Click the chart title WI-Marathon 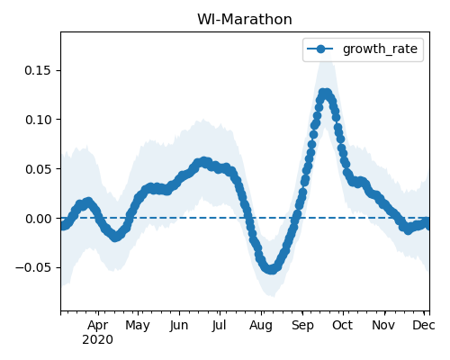(x=245, y=20)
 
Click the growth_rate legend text (x=380, y=49)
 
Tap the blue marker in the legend (x=320, y=49)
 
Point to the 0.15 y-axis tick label (x=38, y=70)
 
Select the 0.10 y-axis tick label (x=38, y=120)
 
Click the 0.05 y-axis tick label (x=38, y=169)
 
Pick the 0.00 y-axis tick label (x=38, y=219)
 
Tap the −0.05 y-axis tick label (x=33, y=267)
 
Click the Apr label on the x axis (x=98, y=326)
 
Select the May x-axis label (x=138, y=326)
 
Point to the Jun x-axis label (x=179, y=326)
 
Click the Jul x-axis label (x=219, y=326)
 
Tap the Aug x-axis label (x=261, y=326)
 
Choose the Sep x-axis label (x=302, y=326)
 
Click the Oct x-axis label (x=342, y=326)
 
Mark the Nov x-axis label (x=383, y=326)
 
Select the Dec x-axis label (x=423, y=326)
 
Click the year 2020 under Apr (x=98, y=340)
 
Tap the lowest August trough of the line (x=271, y=269)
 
